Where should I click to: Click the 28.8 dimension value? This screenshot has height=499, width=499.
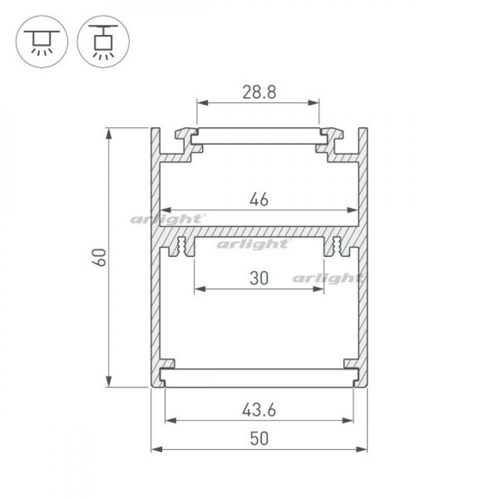[x=259, y=92]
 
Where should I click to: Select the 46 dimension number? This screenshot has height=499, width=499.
[x=259, y=200]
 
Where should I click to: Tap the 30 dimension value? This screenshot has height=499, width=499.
[x=259, y=278]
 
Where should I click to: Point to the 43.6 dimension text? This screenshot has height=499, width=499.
[x=259, y=410]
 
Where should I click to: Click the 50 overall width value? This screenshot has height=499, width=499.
[x=259, y=439]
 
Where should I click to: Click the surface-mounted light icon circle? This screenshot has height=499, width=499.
[x=42, y=41]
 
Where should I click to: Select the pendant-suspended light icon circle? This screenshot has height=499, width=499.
[x=103, y=41]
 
